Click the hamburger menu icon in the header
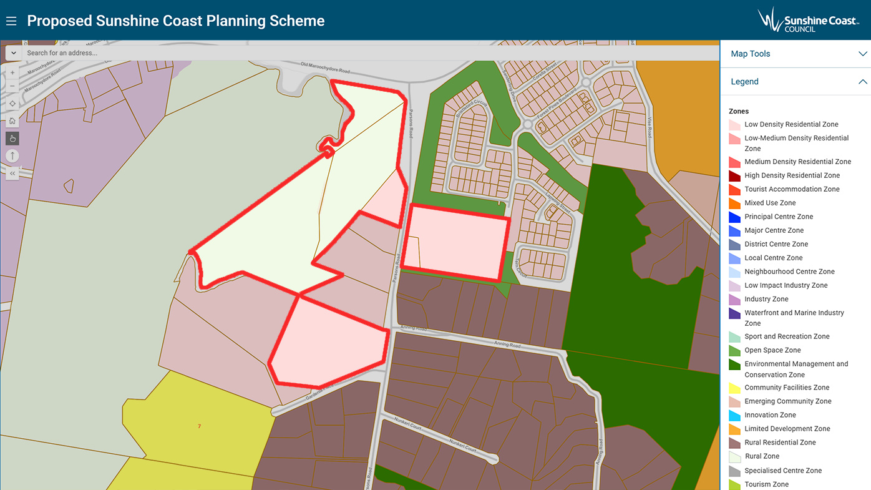point(11,21)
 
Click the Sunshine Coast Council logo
point(808,19)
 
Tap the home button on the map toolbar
point(12,120)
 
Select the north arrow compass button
point(12,155)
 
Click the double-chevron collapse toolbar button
point(12,173)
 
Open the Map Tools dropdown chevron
point(862,54)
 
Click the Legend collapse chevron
point(862,82)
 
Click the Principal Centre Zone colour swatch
point(734,217)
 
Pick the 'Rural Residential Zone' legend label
point(780,443)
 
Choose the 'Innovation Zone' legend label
point(770,415)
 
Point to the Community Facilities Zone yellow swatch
point(734,388)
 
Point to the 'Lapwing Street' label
point(557,202)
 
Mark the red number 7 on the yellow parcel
point(199,426)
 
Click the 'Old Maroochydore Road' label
point(325,67)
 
